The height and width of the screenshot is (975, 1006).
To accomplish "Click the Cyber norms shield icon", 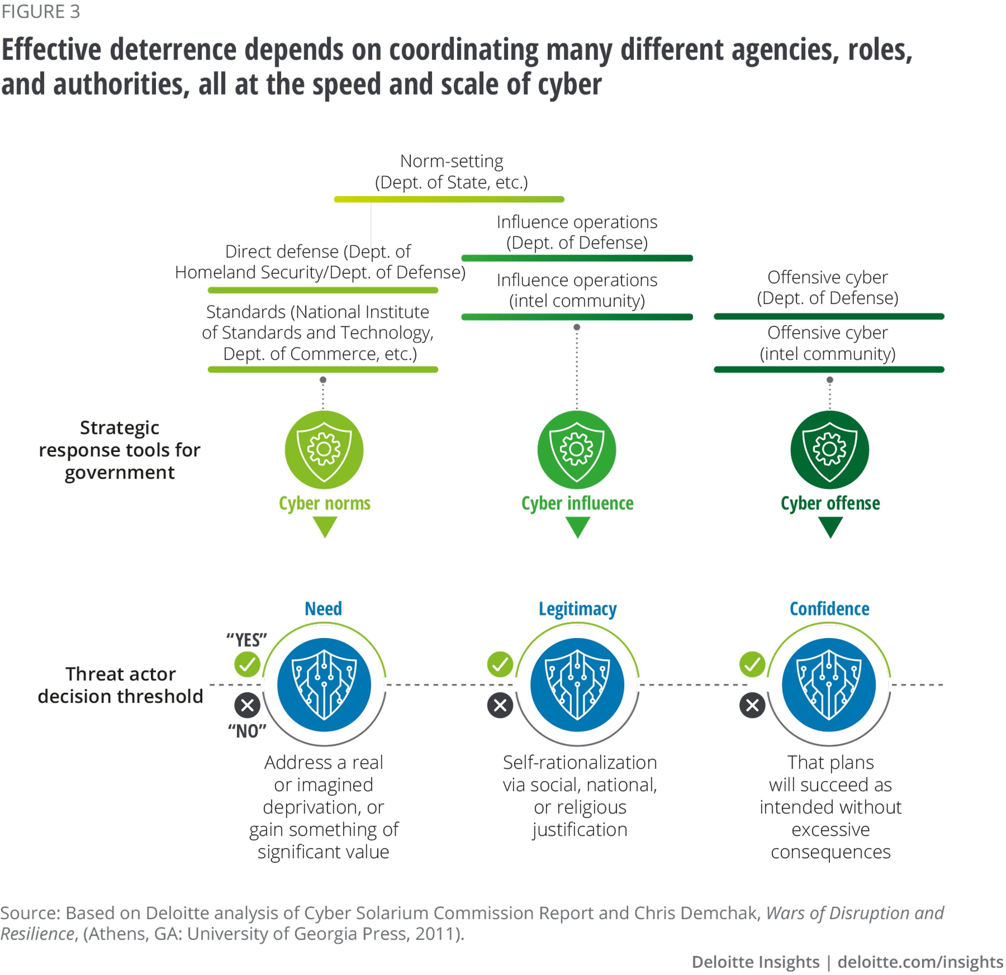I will [324, 450].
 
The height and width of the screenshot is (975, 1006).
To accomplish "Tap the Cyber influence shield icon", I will [576, 450].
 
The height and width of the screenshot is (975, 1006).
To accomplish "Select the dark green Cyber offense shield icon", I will [829, 450].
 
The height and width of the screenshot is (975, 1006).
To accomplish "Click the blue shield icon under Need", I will [324, 684].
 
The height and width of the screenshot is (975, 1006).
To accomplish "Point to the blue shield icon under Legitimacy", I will [577, 684].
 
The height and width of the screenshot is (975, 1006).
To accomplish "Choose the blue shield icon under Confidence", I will [829, 684].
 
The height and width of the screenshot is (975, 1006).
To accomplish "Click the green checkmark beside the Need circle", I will [247, 665].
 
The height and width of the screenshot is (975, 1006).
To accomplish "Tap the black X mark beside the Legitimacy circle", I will [500, 705].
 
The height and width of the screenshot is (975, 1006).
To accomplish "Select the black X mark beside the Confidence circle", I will [752, 705].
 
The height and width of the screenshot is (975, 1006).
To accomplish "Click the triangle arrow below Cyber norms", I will [324, 526].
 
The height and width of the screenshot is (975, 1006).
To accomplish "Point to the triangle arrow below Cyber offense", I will [830, 526].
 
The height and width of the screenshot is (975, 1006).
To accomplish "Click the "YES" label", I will [247, 640].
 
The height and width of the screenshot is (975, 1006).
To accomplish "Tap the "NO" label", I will [247, 731].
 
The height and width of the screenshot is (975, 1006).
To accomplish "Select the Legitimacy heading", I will [577, 608].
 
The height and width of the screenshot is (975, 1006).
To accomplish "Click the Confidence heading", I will [829, 608].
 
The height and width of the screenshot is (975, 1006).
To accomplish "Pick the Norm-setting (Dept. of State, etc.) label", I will [451, 171].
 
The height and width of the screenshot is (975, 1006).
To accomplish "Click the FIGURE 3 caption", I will [41, 11].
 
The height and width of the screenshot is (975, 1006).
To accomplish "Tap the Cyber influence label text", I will [577, 503].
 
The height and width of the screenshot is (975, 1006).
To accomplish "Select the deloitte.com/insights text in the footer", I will [920, 961].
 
